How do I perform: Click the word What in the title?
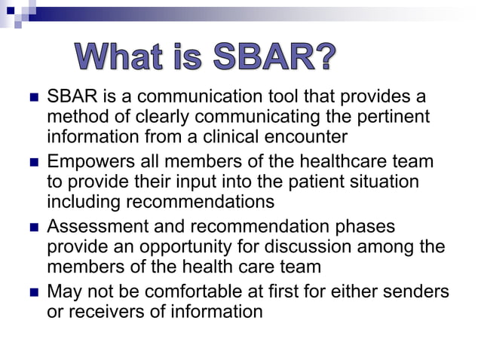click(x=118, y=57)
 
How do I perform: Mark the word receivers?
click(x=103, y=311)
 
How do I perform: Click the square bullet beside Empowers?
click(x=32, y=162)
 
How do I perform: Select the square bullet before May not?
click(x=32, y=291)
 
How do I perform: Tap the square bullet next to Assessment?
click(x=32, y=227)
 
